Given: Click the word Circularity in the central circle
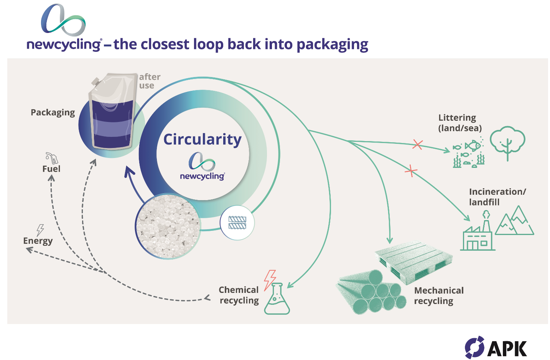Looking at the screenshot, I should click(x=202, y=140).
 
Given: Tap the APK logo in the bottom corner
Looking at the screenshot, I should click(x=496, y=347).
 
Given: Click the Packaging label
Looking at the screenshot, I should click(x=53, y=112).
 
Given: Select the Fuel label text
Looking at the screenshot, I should click(x=51, y=169).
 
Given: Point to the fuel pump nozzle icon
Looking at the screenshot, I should click(x=52, y=158).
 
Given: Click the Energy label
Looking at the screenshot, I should click(x=38, y=241).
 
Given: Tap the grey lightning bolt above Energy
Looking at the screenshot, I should click(x=40, y=230).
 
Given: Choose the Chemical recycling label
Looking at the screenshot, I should click(x=239, y=295).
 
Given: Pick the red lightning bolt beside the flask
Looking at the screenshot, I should click(x=270, y=279).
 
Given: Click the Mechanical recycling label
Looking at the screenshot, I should click(x=438, y=296).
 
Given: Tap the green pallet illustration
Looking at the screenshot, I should click(x=413, y=260).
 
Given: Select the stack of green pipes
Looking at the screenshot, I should click(x=370, y=293).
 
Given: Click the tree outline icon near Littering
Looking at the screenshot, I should click(x=507, y=141).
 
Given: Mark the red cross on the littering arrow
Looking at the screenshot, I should click(x=417, y=145).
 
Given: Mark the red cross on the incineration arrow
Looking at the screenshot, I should click(x=411, y=171).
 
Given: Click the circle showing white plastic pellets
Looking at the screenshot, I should click(x=168, y=226).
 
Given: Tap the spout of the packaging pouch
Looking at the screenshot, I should click(x=96, y=82).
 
